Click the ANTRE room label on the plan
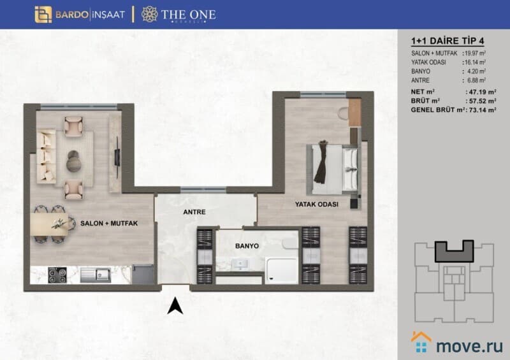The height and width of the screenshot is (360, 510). coord(194,212)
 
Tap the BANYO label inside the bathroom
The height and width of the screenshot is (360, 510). coord(247,246)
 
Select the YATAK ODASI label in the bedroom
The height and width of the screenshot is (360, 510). coord(316,205)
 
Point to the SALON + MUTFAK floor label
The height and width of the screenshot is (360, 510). coord(109,224)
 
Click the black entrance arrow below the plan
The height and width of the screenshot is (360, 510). coord(175,306)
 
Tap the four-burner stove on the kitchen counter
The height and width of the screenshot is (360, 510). coord(57,275)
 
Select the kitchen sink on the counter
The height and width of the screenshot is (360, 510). coord(96,275)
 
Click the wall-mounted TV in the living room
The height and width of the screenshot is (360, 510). coord(117,158)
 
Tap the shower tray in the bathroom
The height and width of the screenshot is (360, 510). coord(282,270)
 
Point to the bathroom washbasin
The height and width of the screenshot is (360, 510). coord(240,264)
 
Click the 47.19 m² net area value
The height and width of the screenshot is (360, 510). coord(481,92)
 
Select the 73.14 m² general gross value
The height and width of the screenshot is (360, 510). coord(481,110)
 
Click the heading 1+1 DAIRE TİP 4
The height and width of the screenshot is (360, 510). coord(448,41)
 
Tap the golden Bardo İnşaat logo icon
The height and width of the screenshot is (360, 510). coord(43,15)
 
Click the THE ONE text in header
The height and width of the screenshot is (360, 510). coord(188,14)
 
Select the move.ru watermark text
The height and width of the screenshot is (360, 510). coord(469,346)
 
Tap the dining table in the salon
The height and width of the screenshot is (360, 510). coord(50,224)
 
